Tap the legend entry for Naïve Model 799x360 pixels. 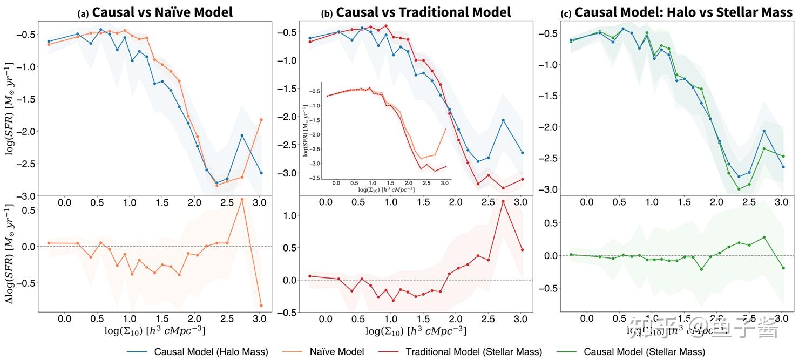(x=336, y=351)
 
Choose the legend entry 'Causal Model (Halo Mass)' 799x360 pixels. (x=211, y=351)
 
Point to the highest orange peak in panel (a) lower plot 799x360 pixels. (x=241, y=200)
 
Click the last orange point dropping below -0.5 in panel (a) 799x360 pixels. (x=261, y=305)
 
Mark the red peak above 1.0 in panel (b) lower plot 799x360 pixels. (x=503, y=201)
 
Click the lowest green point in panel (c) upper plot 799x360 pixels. (x=739, y=189)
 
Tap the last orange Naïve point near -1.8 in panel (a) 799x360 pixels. (x=261, y=120)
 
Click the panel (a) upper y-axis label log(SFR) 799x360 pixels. (x=10, y=108)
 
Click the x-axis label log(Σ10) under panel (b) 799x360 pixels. (x=416, y=330)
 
